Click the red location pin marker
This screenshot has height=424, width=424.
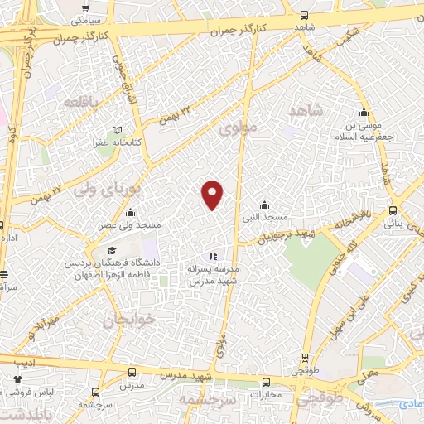(x=213, y=195)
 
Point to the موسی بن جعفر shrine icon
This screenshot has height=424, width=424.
(x=363, y=113)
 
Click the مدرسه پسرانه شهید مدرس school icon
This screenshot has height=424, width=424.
(x=213, y=257)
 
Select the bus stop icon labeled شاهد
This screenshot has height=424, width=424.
(x=304, y=15)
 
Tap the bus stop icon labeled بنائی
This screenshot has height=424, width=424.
(x=393, y=211)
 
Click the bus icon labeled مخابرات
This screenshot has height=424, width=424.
(x=266, y=383)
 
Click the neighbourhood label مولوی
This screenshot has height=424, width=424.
(x=241, y=128)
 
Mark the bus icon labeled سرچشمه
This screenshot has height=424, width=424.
(x=96, y=392)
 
